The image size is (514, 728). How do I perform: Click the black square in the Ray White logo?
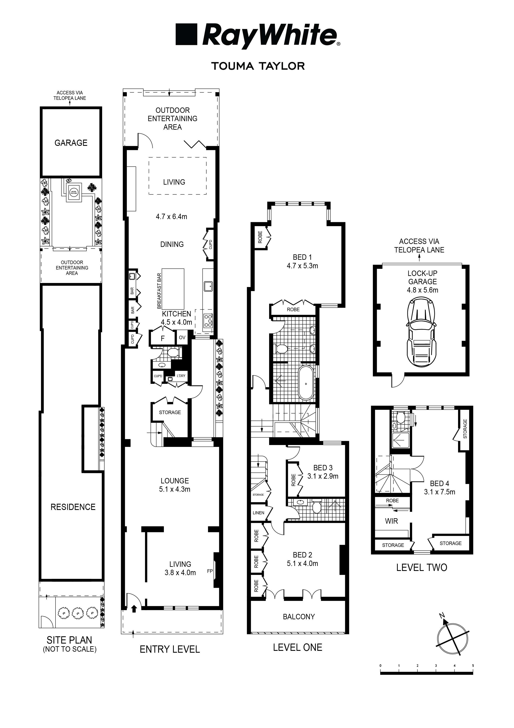[186, 34]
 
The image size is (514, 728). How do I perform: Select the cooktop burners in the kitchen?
[208, 320]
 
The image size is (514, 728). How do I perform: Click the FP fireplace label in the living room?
[210, 571]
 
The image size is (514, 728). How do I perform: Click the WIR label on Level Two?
[391, 521]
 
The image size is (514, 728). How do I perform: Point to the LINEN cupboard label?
[258, 513]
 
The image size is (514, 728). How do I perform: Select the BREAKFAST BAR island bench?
[173, 289]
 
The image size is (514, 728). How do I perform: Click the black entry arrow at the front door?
[134, 608]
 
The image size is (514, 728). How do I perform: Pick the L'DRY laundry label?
[181, 376]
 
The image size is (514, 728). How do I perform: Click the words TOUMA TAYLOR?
[258, 66]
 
